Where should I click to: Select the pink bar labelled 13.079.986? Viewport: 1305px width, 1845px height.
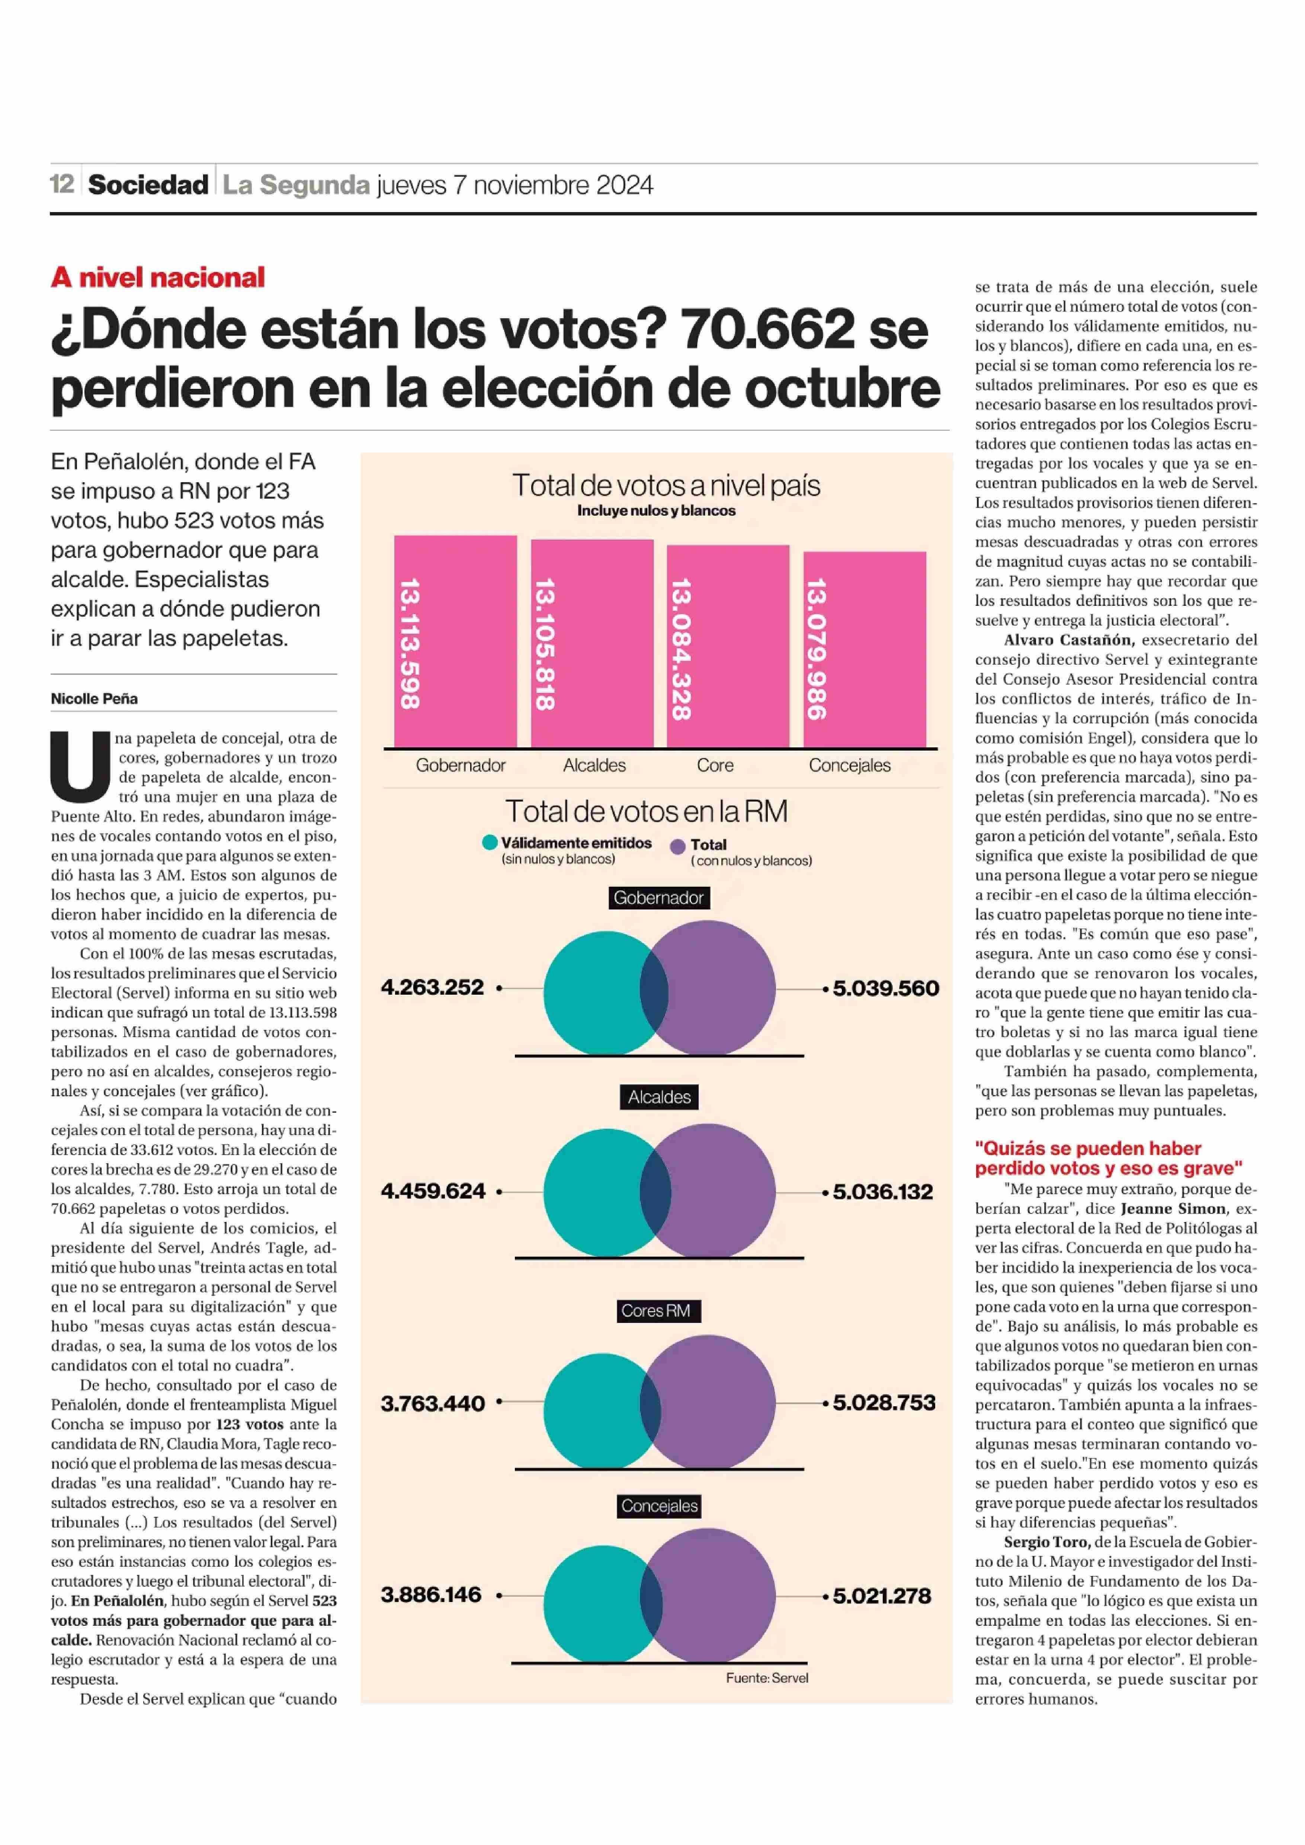point(865,650)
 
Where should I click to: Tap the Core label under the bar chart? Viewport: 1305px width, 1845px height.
point(715,765)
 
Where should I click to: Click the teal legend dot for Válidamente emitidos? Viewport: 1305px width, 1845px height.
point(490,842)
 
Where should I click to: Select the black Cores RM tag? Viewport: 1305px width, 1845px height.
point(656,1310)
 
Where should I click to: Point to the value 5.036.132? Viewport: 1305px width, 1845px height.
point(883,1192)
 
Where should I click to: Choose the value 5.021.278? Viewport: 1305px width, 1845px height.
point(882,1596)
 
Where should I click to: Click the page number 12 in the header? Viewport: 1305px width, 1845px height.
point(62,184)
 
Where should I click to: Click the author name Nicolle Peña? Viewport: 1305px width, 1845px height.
point(94,698)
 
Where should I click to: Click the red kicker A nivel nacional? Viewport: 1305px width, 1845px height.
point(157,277)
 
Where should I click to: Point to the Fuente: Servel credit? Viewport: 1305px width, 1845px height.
point(767,1678)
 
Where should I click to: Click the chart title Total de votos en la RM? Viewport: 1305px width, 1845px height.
point(646,811)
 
